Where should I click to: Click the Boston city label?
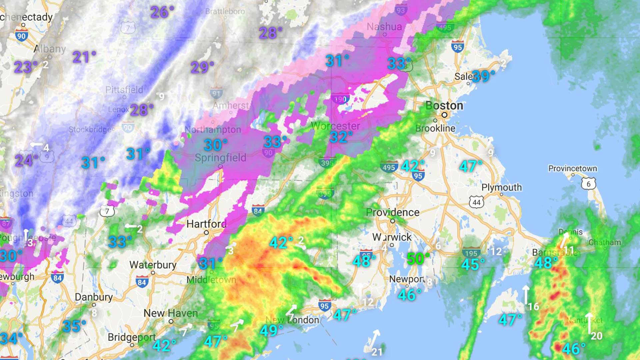point(444,106)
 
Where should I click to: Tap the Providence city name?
point(393,212)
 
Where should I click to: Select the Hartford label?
point(206,224)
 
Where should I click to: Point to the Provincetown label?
point(572,168)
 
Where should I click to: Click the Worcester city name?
point(335,126)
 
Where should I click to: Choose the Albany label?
point(50,49)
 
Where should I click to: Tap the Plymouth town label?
point(502,187)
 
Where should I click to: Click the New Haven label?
point(171,313)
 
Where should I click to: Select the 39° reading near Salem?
point(483,76)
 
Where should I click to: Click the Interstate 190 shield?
point(340,99)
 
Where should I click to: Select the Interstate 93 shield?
point(401,10)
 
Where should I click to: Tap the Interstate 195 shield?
point(471,253)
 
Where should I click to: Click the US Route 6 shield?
point(588,184)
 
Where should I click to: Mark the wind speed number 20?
point(596,336)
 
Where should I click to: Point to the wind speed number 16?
point(533,306)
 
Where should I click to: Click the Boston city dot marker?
point(444,115)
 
